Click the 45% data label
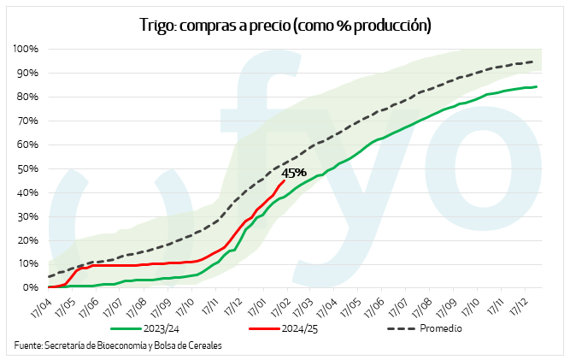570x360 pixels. tap(294, 173)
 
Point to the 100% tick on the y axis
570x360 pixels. tap(24, 49)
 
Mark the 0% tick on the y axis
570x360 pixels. tap(30, 288)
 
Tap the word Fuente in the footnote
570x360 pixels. tap(27, 346)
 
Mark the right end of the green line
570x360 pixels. tap(537, 86)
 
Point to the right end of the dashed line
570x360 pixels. tap(534, 62)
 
